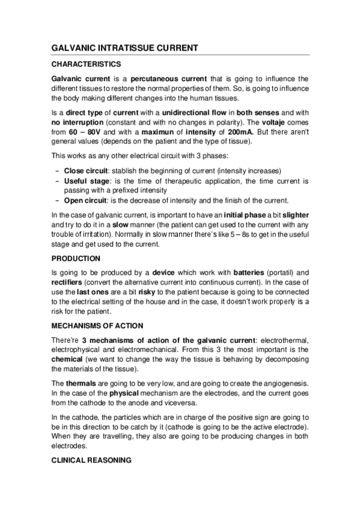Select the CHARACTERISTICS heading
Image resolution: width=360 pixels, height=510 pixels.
[87, 64]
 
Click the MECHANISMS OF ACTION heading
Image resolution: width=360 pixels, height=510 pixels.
[97, 325]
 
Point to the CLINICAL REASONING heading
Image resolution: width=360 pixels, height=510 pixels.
[90, 462]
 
